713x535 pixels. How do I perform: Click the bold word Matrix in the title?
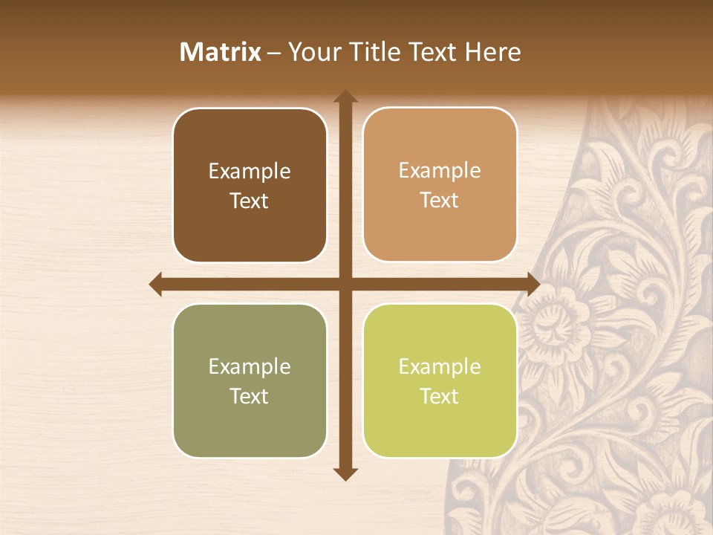click(221, 52)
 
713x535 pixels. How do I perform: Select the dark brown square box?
click(250, 186)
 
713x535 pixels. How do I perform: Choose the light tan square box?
click(440, 185)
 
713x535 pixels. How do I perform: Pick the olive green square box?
click(250, 381)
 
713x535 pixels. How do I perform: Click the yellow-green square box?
click(440, 381)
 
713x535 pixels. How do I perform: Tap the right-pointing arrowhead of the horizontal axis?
click(533, 284)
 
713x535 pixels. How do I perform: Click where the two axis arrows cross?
click(345, 284)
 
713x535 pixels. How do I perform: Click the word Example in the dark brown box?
click(250, 172)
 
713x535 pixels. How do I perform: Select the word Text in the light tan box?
click(440, 200)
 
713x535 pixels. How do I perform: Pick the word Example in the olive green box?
click(250, 367)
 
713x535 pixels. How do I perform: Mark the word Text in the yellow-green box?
click(440, 396)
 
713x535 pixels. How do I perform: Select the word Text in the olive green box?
click(250, 396)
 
